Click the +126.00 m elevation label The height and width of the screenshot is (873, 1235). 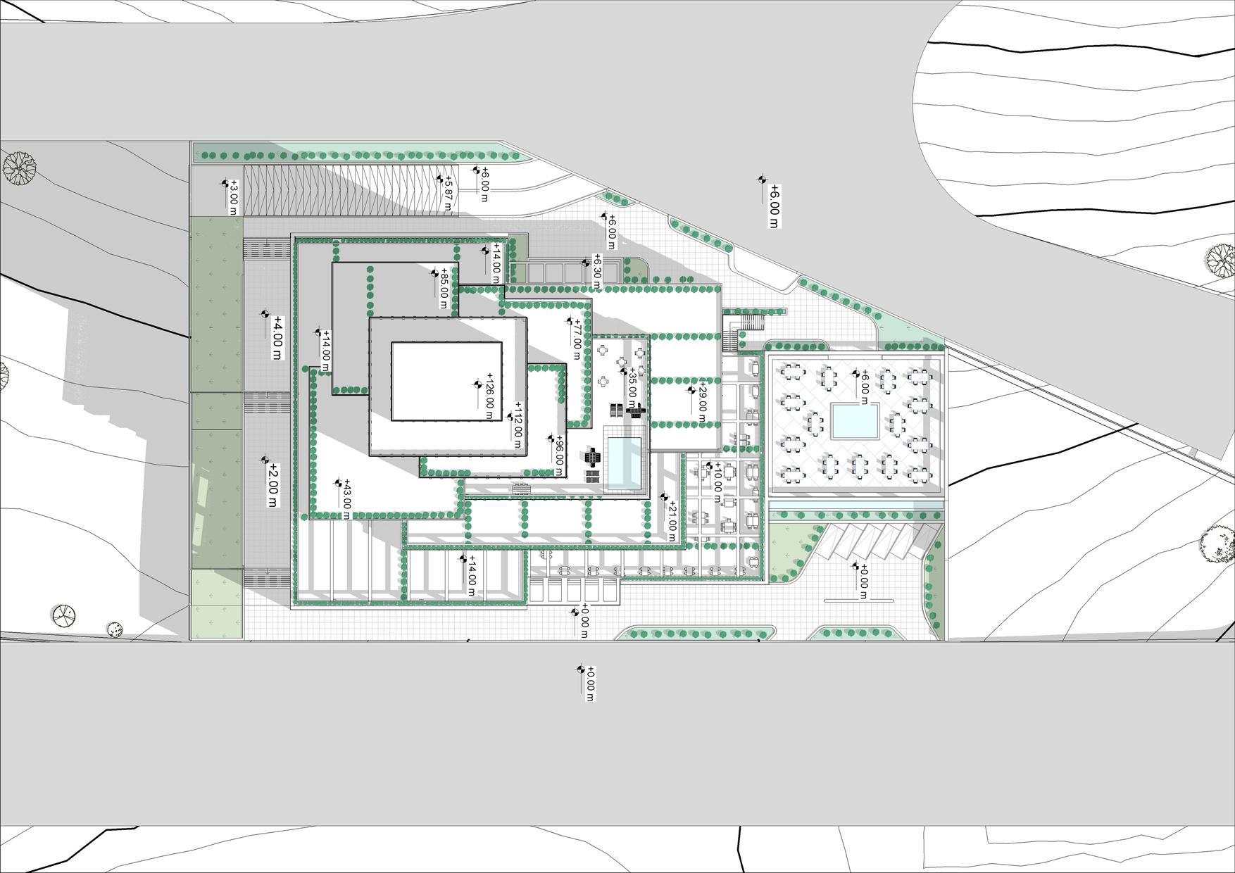489,396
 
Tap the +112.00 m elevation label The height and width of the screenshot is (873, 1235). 518,429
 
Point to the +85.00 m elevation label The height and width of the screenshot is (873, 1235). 444,288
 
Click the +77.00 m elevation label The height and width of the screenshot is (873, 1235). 577,335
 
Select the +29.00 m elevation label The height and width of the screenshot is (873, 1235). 701,401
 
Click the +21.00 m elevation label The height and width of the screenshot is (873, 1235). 672,517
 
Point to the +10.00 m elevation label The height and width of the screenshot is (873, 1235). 717,482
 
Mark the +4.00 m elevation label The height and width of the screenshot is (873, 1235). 277,337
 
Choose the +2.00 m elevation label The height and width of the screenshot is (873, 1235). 273,485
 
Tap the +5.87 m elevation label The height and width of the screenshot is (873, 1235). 447,193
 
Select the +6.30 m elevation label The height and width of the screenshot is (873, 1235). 597,271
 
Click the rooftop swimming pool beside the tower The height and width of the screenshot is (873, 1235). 624,462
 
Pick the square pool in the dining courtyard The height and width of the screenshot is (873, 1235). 855,421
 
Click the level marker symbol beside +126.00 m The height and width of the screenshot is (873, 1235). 477,384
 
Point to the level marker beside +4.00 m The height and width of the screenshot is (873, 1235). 265,314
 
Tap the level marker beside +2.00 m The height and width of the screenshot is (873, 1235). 265,460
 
